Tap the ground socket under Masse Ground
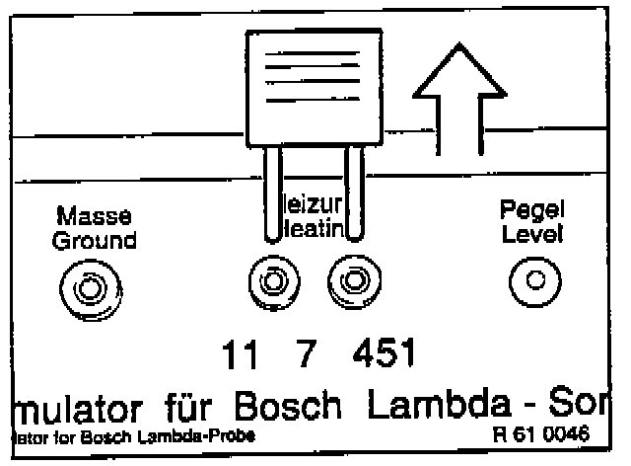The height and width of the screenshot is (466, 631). click(89, 288)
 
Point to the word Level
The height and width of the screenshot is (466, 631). click(531, 236)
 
